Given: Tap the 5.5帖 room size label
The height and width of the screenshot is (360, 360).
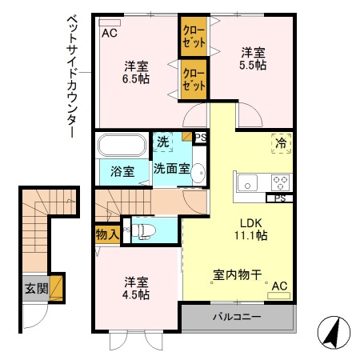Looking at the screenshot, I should pos(254,66).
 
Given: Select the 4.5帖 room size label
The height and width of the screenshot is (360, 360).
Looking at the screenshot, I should pos(137,294).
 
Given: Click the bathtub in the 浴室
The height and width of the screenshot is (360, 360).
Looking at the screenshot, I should pos(122,147).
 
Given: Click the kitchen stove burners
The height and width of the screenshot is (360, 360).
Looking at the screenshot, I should pos(281,180).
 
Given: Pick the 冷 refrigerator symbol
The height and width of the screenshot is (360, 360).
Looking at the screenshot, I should pos(281,143).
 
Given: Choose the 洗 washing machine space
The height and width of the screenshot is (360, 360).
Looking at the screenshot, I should pos(162,142).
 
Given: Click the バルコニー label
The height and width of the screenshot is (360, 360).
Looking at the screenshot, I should pos(237,318).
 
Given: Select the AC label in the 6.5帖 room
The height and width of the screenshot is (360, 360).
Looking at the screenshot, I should pos(110,33).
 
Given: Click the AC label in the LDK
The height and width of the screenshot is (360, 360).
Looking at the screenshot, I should pos(279,286).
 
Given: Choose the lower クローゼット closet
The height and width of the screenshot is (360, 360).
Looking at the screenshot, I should pos(193,81).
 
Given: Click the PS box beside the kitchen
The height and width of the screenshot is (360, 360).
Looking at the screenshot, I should pos(280,198).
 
